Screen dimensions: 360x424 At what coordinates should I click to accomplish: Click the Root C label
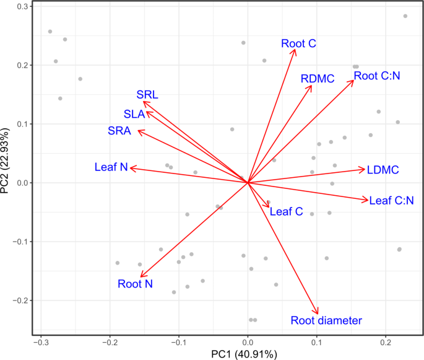pyautogui.click(x=298, y=43)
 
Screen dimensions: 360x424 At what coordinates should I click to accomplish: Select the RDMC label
pyautogui.click(x=318, y=79)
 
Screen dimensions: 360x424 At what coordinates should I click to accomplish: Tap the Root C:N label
pyautogui.click(x=377, y=76)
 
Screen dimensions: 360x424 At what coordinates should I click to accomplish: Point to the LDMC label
pyautogui.click(x=383, y=170)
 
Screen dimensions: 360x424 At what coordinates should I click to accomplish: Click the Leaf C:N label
pyautogui.click(x=391, y=201)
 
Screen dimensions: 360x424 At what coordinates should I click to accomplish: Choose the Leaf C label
pyautogui.click(x=286, y=212)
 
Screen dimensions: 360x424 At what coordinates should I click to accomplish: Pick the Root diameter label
pyautogui.click(x=326, y=320)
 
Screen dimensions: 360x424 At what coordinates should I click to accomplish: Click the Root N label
pyautogui.click(x=135, y=284)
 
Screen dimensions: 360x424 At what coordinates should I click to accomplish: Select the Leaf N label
pyautogui.click(x=111, y=167)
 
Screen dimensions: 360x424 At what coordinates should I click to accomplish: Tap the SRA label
pyautogui.click(x=118, y=131)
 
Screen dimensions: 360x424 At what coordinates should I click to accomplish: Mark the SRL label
pyautogui.click(x=147, y=95)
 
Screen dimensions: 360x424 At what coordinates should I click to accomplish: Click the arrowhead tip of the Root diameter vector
pyautogui.click(x=318, y=314)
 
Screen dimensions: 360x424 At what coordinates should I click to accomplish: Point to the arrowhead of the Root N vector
pyautogui.click(x=141, y=276)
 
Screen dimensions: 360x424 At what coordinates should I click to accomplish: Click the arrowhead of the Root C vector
pyautogui.click(x=295, y=50)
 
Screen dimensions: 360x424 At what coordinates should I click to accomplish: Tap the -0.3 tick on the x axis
pyautogui.click(x=41, y=342)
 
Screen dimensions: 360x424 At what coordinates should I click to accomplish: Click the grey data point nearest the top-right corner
pyautogui.click(x=405, y=16)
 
